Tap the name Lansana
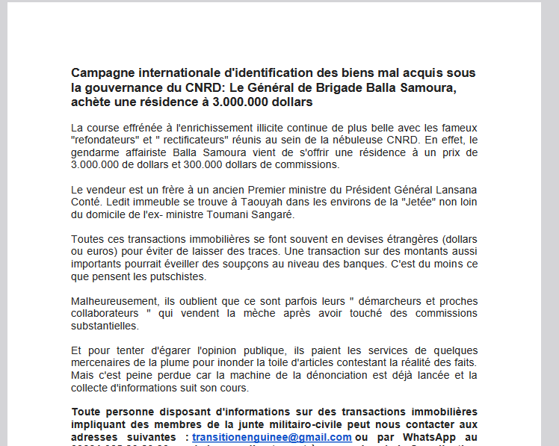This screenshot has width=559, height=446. pos(457,190)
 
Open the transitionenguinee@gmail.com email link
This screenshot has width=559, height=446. pos(271,437)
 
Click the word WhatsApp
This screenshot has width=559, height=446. pos(421,437)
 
